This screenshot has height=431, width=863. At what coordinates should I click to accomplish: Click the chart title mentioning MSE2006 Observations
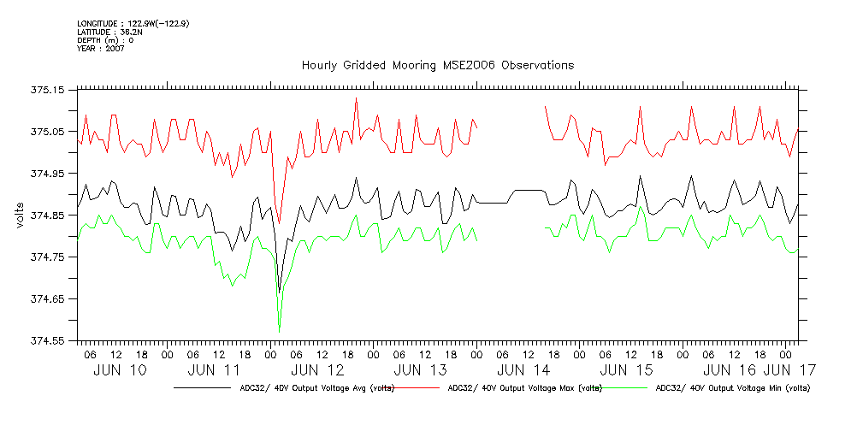[x=437, y=66]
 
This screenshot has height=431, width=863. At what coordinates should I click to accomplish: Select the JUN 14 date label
[x=523, y=370]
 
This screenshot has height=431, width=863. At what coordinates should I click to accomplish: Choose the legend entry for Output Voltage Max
[x=521, y=388]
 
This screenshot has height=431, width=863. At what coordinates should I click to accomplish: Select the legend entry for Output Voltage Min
[x=731, y=388]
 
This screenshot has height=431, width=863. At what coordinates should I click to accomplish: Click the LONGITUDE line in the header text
[x=133, y=23]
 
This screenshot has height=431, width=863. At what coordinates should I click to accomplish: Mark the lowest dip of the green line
[x=279, y=332]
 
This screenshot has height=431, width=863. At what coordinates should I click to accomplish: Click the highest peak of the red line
[x=356, y=98]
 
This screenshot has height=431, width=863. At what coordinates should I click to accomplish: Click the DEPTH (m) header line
[x=105, y=40]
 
